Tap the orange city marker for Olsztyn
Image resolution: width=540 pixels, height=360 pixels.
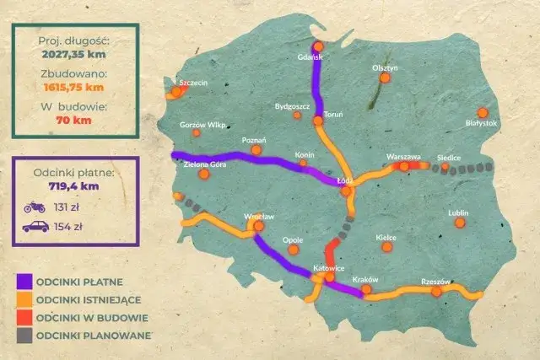point(385,78)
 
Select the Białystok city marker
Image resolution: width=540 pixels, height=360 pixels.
point(483,113)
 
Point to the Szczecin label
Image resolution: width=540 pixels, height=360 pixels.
point(193,83)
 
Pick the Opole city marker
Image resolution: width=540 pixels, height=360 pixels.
point(294,249)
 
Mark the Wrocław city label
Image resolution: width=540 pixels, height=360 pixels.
point(255,217)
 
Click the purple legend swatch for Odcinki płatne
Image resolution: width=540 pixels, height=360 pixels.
point(24,281)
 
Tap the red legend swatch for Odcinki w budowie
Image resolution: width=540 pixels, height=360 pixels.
point(24,318)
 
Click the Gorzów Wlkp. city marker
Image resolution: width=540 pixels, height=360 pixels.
point(197,132)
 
